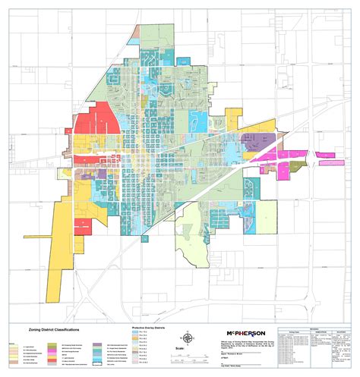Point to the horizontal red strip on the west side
[92, 160]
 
